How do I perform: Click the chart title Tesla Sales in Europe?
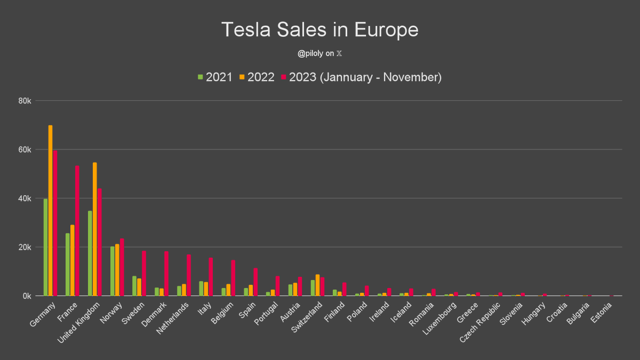tap(320, 30)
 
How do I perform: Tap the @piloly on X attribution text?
tap(320, 54)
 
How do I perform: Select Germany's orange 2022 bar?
tap(51, 211)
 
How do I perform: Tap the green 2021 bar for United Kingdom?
tap(90, 253)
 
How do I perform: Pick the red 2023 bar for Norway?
tap(122, 267)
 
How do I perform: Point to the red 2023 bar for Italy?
tap(211, 277)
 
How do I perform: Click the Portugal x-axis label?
tap(265, 315)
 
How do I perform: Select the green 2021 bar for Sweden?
tap(134, 286)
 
